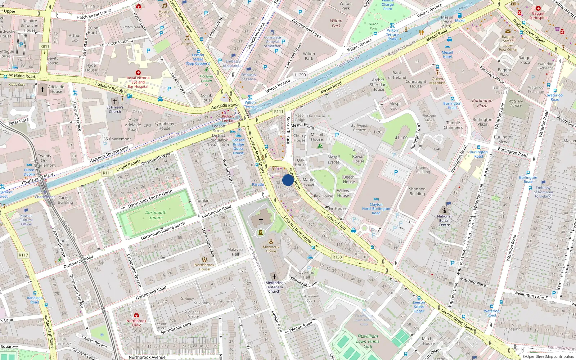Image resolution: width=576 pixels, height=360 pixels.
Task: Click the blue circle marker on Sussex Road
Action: pyautogui.click(x=288, y=180)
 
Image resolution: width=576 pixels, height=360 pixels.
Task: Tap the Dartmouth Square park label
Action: pyautogui.click(x=156, y=215)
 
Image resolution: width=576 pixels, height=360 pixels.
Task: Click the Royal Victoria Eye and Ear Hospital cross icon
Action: pyautogui.click(x=138, y=73)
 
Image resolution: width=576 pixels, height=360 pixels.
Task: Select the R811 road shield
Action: pyautogui.click(x=45, y=46)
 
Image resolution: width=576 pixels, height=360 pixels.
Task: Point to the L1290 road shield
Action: pyautogui.click(x=300, y=75)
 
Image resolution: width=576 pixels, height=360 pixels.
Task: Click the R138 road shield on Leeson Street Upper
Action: pyautogui.click(x=337, y=257)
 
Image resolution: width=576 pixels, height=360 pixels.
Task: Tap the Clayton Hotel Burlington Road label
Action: pyautogui.click(x=376, y=208)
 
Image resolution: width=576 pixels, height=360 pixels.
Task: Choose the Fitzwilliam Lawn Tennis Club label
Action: pyautogui.click(x=368, y=341)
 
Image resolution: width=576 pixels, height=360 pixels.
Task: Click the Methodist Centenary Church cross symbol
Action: pyautogui.click(x=274, y=276)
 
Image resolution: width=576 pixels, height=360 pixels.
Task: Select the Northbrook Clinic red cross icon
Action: pyautogui.click(x=136, y=315)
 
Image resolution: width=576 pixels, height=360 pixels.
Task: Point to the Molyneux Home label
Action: pyautogui.click(x=271, y=249)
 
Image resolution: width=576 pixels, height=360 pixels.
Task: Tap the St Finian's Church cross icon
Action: pyautogui.click(x=115, y=102)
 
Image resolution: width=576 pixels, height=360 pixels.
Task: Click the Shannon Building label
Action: pyautogui.click(x=417, y=191)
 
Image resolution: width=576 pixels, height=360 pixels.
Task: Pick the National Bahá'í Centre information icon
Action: pyautogui.click(x=444, y=211)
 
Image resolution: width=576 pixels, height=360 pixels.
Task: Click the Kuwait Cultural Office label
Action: pyautogui.click(x=26, y=220)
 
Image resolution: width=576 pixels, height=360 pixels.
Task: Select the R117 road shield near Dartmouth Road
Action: pyautogui.click(x=23, y=255)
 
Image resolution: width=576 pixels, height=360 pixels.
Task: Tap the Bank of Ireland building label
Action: pyautogui.click(x=397, y=75)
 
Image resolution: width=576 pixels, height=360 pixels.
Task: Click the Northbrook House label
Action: pyautogui.click(x=204, y=267)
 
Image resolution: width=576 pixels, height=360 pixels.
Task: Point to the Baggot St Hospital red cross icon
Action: pyautogui.click(x=538, y=8)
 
